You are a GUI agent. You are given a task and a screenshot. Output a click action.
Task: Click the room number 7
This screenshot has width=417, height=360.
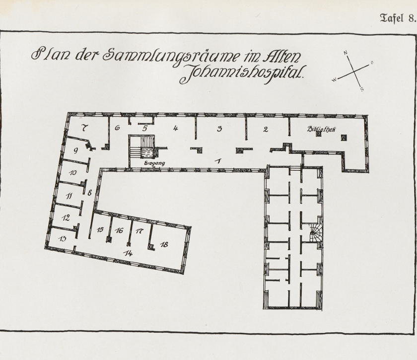click(85, 128)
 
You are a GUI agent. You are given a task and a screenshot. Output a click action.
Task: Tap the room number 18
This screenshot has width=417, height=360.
click(164, 244)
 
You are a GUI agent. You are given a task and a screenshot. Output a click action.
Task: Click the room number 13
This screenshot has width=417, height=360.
click(63, 239)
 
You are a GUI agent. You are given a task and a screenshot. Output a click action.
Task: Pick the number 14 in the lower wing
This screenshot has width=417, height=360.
click(128, 253)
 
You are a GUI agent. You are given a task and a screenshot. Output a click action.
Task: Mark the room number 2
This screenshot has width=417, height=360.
click(266, 130)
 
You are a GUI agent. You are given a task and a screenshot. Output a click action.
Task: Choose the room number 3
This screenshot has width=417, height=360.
click(219, 129)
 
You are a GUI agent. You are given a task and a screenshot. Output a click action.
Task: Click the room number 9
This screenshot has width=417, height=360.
click(76, 150)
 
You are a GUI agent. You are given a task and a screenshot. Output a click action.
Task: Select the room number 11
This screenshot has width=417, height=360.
click(69, 196)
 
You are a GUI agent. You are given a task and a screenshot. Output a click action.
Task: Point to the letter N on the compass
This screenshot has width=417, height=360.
click(346, 53)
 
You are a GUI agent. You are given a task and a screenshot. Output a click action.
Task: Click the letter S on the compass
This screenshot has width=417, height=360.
click(362, 89)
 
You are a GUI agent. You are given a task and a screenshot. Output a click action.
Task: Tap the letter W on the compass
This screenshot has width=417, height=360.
click(334, 79)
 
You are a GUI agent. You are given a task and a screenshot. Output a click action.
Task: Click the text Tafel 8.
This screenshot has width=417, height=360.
click(397, 18)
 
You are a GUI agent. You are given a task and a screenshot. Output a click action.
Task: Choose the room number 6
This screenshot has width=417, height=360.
click(118, 128)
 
